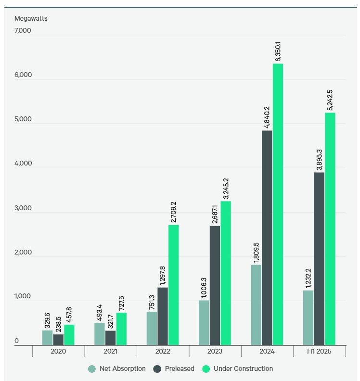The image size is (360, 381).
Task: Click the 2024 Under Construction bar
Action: [278, 204]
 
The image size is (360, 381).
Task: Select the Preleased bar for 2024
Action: [267, 238]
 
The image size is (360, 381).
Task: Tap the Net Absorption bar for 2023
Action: [204, 322]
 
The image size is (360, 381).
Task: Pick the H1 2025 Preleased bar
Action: [319, 258]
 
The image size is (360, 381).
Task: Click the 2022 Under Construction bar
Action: [173, 285]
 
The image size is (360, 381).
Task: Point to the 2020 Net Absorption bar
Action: [47, 337]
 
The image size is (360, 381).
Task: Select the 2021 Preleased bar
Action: [110, 337]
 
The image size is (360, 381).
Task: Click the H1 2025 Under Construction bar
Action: [330, 229]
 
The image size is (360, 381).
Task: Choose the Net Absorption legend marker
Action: [92, 369]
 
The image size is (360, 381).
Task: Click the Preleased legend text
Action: [180, 368]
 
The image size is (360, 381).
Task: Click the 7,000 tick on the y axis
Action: [23, 31]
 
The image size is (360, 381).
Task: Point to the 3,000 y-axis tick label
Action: [23, 208]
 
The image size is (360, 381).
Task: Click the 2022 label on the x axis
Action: [163, 352]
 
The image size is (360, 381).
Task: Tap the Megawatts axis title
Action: [31, 19]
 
